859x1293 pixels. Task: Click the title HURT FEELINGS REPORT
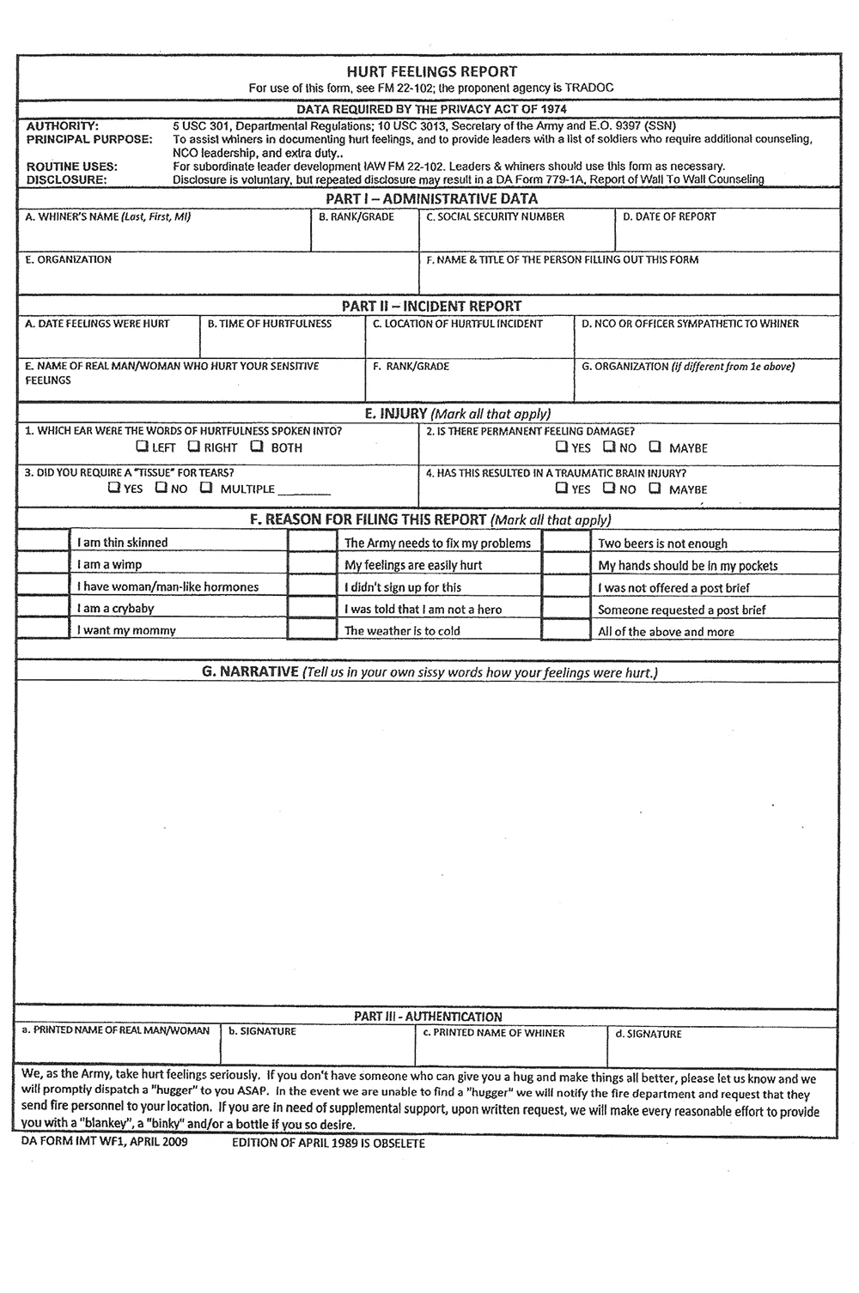431,71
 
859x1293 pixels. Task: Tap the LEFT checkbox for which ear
142,446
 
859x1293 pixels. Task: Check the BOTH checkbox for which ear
257,446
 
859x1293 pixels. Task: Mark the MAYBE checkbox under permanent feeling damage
655,446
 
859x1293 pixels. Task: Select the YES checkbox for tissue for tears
114,488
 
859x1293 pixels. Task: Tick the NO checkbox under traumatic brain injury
608,489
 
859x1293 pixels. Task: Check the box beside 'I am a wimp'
43,564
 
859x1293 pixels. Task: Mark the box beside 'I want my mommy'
43,629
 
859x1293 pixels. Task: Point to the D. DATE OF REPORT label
669,217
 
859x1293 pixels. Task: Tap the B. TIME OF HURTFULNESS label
269,324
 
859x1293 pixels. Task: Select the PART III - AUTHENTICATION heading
428,1017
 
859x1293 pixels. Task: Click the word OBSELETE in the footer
397,1144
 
